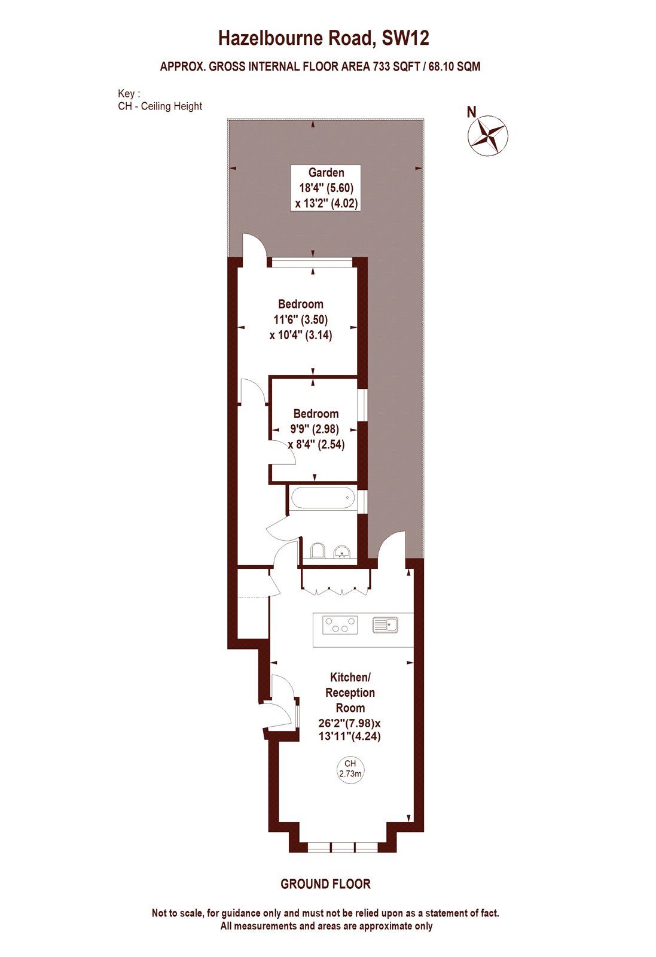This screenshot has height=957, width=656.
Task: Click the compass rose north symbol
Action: point(487,135)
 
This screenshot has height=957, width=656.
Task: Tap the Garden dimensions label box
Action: point(326,188)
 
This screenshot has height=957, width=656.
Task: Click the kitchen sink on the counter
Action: point(386,625)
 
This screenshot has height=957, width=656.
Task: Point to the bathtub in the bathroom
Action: point(322,498)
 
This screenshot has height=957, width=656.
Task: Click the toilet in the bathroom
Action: point(318,550)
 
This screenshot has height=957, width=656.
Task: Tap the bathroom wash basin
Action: point(342,551)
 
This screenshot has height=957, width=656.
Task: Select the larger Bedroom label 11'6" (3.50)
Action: point(300,319)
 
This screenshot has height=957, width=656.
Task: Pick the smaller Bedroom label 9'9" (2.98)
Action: point(316,429)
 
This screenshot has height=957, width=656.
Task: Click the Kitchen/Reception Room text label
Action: point(350,692)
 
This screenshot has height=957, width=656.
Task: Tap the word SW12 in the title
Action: point(405,39)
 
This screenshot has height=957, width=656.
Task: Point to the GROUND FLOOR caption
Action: point(325,883)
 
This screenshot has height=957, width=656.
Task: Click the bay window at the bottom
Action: point(343,847)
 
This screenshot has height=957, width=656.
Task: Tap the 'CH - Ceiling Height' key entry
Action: point(160,106)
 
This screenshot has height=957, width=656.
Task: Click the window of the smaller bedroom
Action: point(362,406)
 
